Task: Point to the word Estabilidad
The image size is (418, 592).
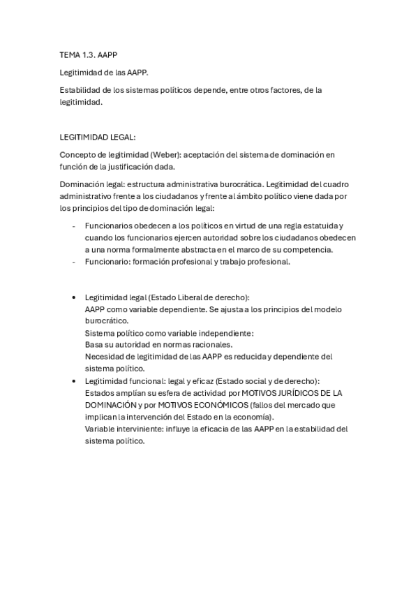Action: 79,90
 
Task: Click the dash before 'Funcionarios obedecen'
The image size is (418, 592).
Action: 74,226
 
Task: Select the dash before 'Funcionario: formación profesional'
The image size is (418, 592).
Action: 74,262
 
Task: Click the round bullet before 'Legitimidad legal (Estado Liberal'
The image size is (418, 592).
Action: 74,297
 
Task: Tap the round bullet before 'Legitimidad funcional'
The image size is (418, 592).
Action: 74,381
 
